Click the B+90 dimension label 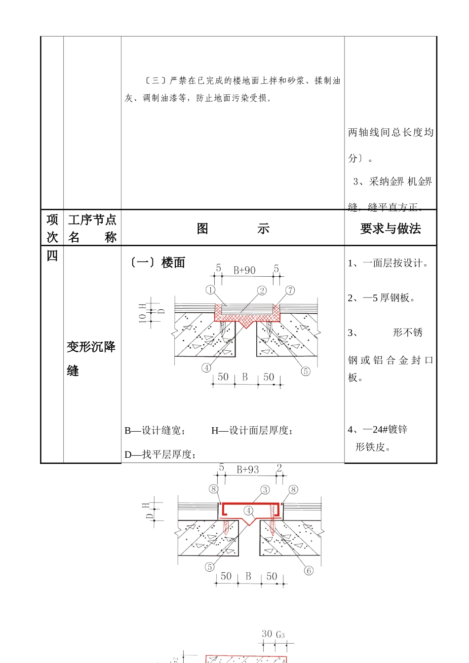[x=244, y=270]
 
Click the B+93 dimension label [x=247, y=470]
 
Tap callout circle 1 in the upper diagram [x=211, y=290]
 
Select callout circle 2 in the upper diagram [x=262, y=291]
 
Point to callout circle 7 [x=290, y=291]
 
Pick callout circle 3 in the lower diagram [x=265, y=490]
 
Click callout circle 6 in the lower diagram [x=309, y=571]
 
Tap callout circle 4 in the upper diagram [x=206, y=368]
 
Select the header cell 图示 [x=233, y=228]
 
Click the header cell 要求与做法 [x=391, y=228]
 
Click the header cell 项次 [x=52, y=228]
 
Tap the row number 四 [x=52, y=256]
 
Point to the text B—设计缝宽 [x=155, y=431]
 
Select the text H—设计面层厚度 [x=252, y=431]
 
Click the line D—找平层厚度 [x=160, y=454]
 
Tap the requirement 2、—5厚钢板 [x=381, y=297]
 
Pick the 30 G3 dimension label [x=273, y=634]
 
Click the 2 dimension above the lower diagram [x=279, y=468]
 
